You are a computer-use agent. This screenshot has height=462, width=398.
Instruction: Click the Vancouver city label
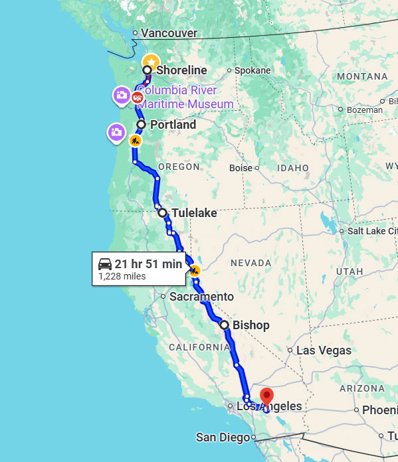[169, 33]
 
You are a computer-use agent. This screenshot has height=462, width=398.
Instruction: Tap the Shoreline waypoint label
[181, 70]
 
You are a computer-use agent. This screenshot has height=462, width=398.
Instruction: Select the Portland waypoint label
[173, 125]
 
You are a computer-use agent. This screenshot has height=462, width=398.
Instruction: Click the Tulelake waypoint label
[194, 213]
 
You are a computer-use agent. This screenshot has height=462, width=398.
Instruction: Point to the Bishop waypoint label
[250, 325]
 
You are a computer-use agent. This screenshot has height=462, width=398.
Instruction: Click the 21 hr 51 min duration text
[148, 264]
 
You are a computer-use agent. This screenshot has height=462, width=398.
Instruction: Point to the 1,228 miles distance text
[122, 276]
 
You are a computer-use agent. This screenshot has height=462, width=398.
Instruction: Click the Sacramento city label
[201, 297]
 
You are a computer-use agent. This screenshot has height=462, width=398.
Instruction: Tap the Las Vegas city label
[324, 350]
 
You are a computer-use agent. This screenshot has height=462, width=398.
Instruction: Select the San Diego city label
[223, 437]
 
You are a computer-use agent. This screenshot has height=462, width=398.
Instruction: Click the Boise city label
[241, 168]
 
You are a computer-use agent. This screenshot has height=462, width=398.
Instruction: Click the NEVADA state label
[250, 264]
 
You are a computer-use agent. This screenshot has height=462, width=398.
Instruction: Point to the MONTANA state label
[362, 76]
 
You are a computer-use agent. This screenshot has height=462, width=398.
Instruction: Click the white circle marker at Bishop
[225, 325]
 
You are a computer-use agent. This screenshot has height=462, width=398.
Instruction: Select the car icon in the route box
[105, 264]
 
